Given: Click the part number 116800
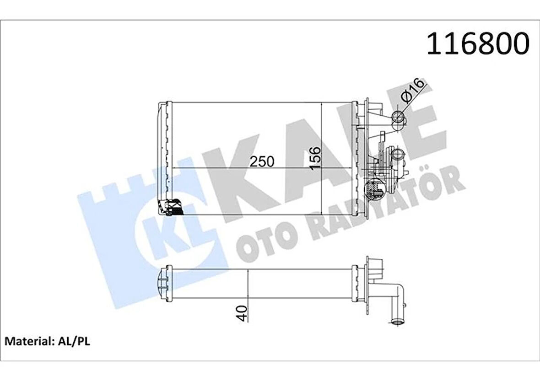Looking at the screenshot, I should (x=478, y=44).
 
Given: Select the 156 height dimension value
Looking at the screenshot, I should (x=315, y=158).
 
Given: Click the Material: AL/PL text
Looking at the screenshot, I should (x=47, y=341).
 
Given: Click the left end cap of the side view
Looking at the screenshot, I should (x=163, y=284).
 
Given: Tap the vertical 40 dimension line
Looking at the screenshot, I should (x=248, y=293).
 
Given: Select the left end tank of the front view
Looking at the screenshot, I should (x=163, y=158).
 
